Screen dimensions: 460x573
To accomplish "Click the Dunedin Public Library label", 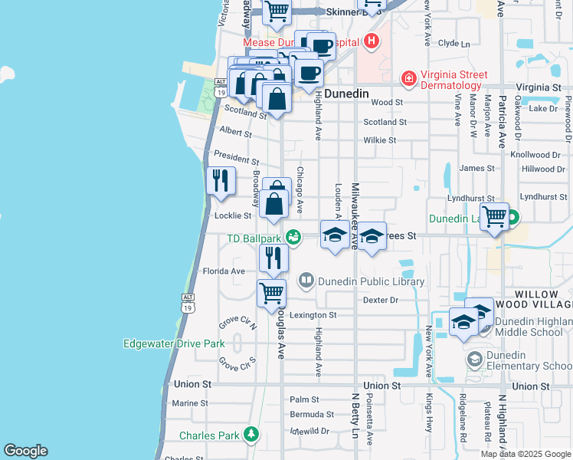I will tap(371, 281).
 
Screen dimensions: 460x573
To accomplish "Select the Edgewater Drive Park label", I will tap(175, 343).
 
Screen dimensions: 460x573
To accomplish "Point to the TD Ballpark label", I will tap(254, 238).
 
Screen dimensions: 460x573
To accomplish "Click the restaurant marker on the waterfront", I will tap(221, 182).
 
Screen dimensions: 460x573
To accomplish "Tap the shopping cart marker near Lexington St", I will tap(272, 294).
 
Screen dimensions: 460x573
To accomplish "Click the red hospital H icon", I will tap(372, 41).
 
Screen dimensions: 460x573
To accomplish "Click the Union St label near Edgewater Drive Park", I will tap(192, 383).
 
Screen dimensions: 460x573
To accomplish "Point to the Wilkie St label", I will tap(379, 140).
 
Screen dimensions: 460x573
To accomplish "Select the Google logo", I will tap(25, 451).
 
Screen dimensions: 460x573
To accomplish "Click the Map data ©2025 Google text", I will tap(526, 454).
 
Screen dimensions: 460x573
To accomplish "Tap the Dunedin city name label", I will tap(346, 94).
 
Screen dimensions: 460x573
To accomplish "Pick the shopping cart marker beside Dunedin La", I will tap(494, 217).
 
